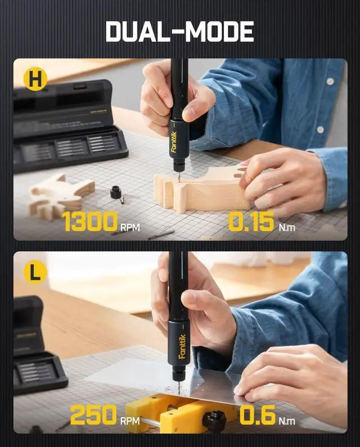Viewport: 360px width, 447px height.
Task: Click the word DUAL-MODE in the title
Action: pyautogui.click(x=179, y=31)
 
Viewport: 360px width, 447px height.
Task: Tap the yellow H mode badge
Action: pyautogui.click(x=35, y=79)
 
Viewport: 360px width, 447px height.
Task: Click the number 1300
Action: pyautogui.click(x=90, y=222)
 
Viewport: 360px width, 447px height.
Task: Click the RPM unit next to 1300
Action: pyautogui.click(x=130, y=228)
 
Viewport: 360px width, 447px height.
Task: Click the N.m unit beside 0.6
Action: pyautogui.click(x=287, y=421)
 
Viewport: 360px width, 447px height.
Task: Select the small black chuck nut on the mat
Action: pyautogui.click(x=117, y=192)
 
